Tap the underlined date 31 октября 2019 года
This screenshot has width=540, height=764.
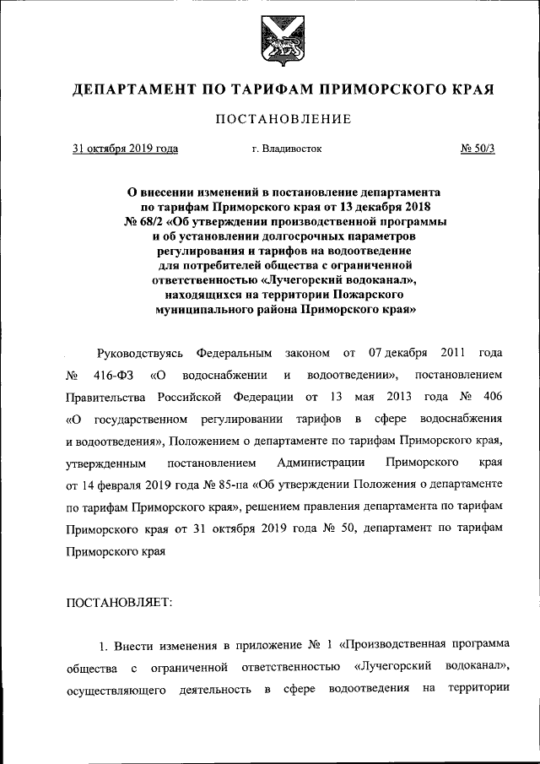[125, 149]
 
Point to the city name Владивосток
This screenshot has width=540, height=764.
[292, 149]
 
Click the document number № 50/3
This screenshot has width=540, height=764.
[478, 149]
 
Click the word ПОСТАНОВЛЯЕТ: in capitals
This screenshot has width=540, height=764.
[118, 603]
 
